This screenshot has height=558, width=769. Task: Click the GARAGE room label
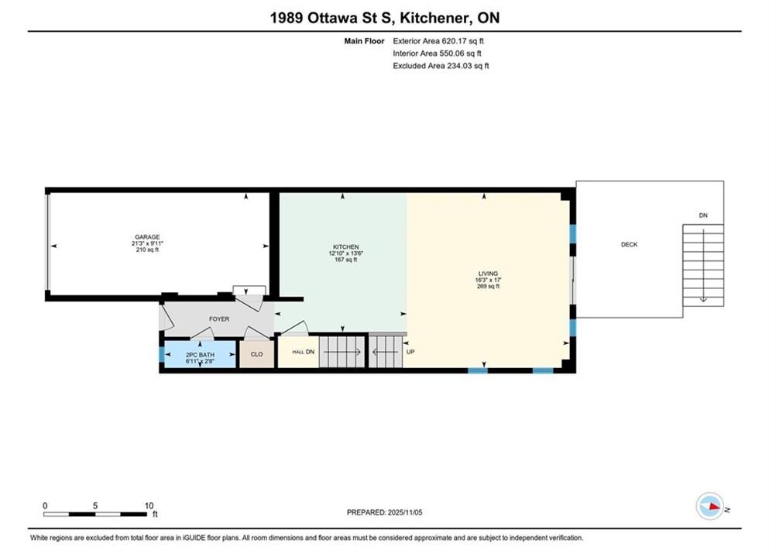[x=147, y=237]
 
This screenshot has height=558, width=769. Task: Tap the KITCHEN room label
[x=345, y=247]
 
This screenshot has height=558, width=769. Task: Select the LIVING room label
[x=488, y=274]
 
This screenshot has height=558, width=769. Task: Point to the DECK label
[x=630, y=244]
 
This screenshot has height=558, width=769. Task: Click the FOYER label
[x=219, y=319]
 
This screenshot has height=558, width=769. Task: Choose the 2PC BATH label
[x=200, y=355]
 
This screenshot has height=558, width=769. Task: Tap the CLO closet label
[x=256, y=354]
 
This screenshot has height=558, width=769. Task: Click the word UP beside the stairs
[x=410, y=352]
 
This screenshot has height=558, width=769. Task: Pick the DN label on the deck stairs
[x=703, y=215]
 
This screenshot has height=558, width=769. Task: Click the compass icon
[x=709, y=507]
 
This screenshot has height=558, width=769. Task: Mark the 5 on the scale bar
[x=95, y=505]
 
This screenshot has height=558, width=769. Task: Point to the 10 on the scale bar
[x=149, y=505]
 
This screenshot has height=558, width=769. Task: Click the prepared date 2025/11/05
[x=405, y=512]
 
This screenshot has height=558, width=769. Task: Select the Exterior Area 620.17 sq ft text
[x=438, y=41]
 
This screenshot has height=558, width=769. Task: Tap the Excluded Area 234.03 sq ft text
[x=441, y=66]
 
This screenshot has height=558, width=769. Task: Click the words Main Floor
[x=365, y=41]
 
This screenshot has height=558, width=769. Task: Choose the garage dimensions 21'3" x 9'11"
[x=147, y=243]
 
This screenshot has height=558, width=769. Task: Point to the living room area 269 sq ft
[x=488, y=286]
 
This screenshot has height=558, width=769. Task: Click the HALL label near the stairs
[x=297, y=352]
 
